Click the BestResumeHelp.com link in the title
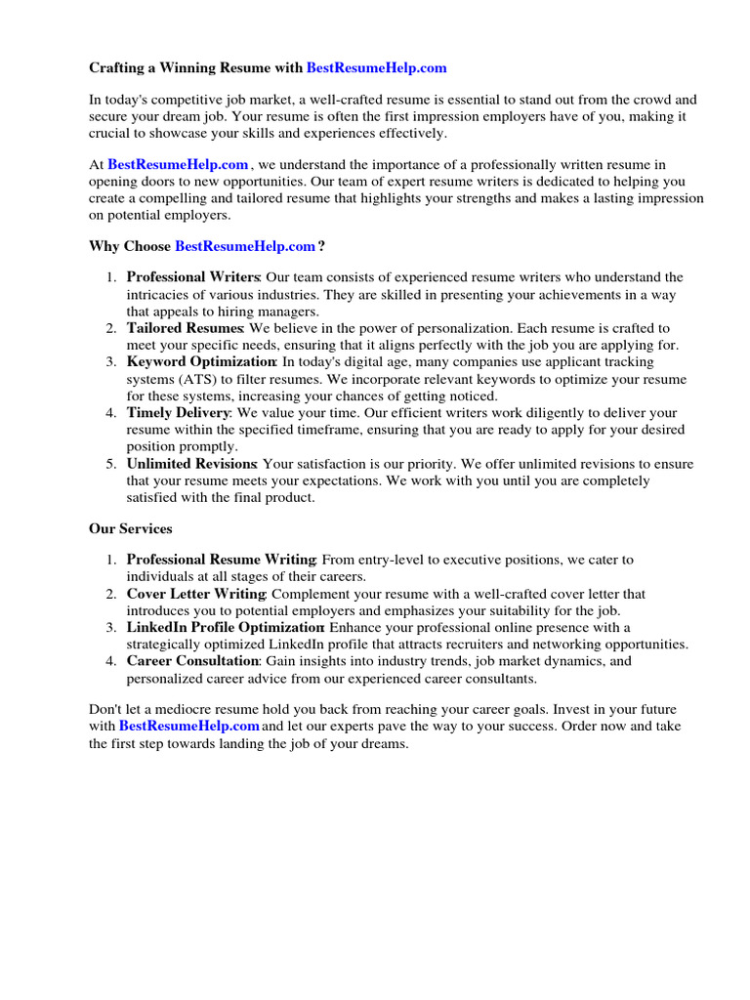coord(376,67)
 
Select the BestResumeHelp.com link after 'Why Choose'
coord(245,246)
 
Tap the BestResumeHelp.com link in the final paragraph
coord(188,727)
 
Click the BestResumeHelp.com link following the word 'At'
coord(178,165)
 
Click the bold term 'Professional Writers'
coord(192,278)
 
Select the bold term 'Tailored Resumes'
coord(186,329)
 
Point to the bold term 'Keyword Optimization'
coord(201,362)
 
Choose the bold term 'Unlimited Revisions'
coord(191,464)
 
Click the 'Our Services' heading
coord(131,528)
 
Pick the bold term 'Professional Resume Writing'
coord(221,560)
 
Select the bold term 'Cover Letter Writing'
coord(196,594)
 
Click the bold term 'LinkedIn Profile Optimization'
coord(227,627)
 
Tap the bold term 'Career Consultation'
coord(192,661)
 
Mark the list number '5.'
coord(112,464)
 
